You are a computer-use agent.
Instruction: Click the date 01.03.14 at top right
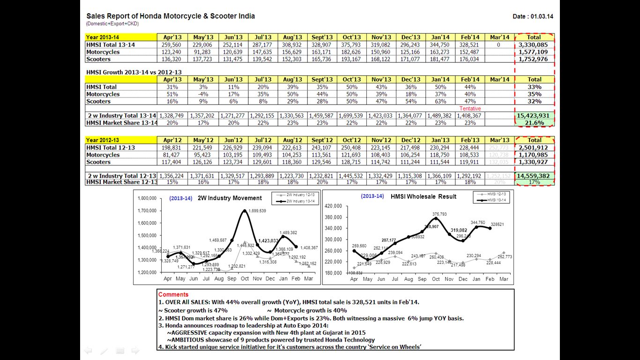542,16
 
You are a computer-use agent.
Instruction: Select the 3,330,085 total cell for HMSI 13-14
534,45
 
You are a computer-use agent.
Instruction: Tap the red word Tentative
470,109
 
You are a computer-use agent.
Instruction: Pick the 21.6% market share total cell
534,123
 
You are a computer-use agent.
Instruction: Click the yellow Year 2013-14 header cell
121,37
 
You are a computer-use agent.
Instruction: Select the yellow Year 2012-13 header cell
121,140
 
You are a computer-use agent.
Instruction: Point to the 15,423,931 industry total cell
534,115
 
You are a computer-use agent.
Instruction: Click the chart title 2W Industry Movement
229,198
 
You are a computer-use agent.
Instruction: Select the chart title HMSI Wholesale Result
423,196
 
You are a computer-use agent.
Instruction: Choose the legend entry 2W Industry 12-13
303,194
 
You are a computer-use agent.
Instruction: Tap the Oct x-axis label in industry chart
245,279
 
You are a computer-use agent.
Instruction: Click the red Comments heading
173,295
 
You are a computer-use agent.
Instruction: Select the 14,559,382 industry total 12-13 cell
534,176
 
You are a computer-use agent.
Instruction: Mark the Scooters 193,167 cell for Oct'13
351,59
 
